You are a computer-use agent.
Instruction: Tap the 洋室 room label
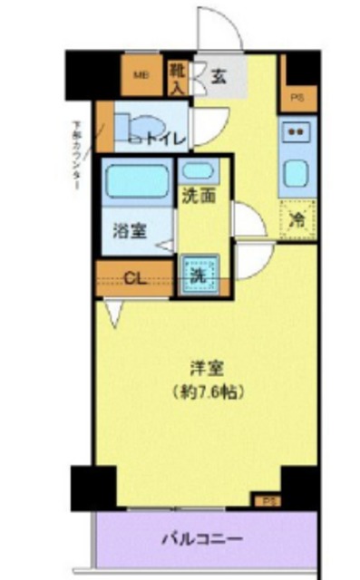(207, 369)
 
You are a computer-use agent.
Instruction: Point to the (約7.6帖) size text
(207, 393)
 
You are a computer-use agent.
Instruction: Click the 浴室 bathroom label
(130, 230)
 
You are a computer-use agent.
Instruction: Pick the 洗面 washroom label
(199, 195)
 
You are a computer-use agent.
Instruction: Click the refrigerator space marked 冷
(297, 217)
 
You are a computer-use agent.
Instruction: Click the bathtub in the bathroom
(137, 180)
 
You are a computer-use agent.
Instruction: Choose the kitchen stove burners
(296, 131)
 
